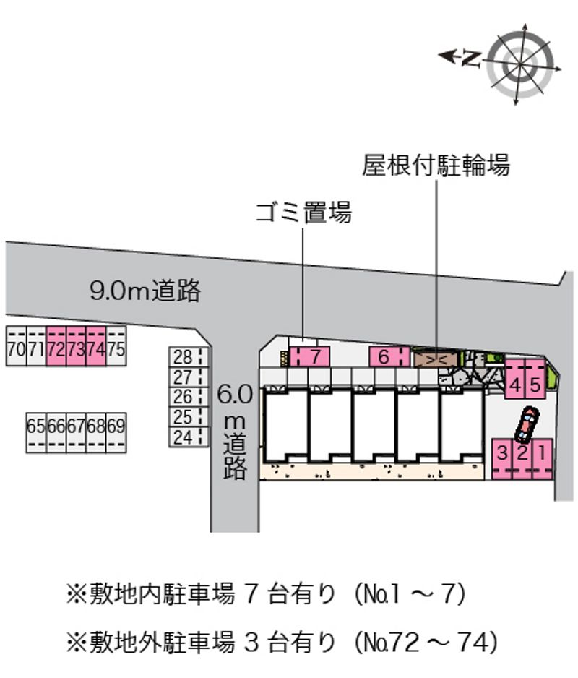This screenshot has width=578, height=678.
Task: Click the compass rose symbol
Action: coord(519,63)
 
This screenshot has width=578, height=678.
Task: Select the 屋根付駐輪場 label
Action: coord(436,166)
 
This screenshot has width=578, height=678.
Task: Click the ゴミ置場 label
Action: coord(303,213)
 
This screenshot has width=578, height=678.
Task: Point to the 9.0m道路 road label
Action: coord(144,291)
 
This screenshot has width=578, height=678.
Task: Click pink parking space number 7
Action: coord(311,356)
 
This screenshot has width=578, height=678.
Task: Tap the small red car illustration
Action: coord(526,425)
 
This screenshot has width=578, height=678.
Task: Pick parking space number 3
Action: coord(502,456)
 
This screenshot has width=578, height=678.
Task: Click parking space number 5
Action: coord(534,385)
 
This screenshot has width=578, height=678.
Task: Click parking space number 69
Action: coord(116,426)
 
